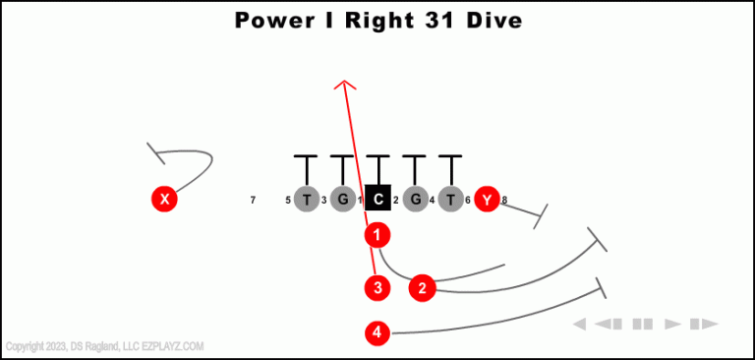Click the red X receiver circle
pyautogui.click(x=164, y=200)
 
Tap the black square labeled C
pyautogui.click(x=378, y=200)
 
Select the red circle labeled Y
pyautogui.click(x=487, y=200)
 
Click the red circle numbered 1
pyautogui.click(x=377, y=235)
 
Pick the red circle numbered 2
pyautogui.click(x=422, y=287)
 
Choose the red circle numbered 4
pyautogui.click(x=377, y=333)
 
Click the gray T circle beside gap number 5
pyautogui.click(x=307, y=200)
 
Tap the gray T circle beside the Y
pyautogui.click(x=450, y=200)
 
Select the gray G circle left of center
pyautogui.click(x=342, y=200)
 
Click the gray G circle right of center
pyautogui.click(x=415, y=200)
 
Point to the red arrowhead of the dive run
pyautogui.click(x=343, y=85)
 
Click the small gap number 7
pyautogui.click(x=253, y=201)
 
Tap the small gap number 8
pyautogui.click(x=504, y=201)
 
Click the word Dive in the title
pyautogui.click(x=493, y=20)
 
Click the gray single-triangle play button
pyautogui.click(x=673, y=324)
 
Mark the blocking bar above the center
pyautogui.click(x=378, y=157)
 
